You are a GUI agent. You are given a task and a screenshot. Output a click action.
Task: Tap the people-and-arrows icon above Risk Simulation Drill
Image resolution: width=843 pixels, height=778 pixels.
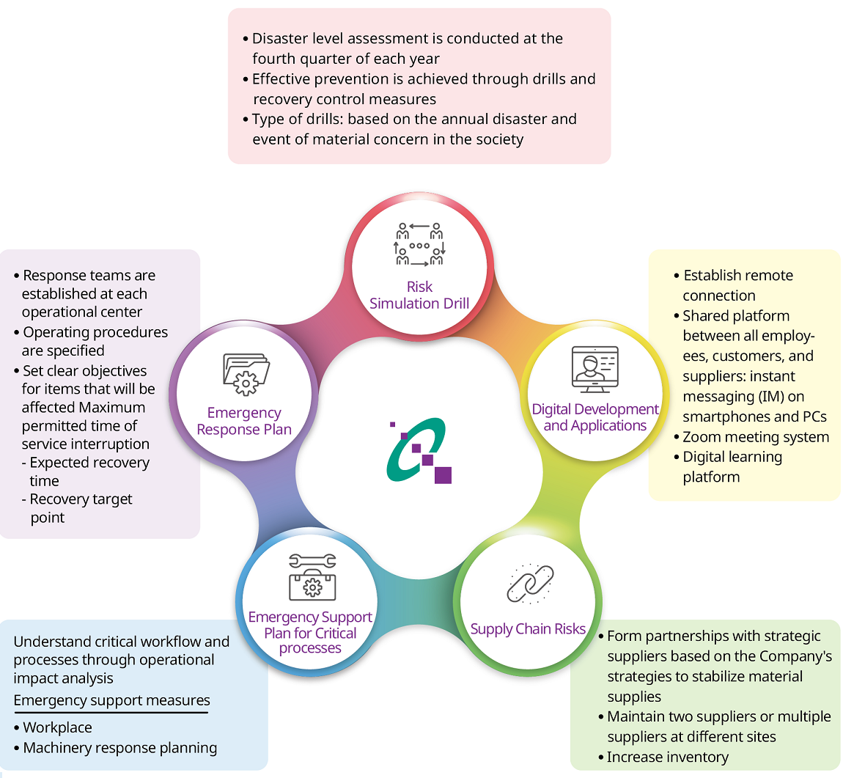pos(419,244)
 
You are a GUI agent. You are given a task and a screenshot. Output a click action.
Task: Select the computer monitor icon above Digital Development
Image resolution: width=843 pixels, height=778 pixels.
pos(594,370)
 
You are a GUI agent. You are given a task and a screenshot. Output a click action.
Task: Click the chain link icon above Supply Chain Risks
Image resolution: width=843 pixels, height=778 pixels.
pos(530,584)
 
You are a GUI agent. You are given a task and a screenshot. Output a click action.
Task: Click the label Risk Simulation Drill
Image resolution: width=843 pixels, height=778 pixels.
pos(419,295)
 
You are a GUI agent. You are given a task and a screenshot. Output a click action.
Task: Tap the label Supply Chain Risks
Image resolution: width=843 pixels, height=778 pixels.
pos(528,628)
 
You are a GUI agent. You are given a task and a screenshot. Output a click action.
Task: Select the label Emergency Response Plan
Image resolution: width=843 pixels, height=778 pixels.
pos(244,421)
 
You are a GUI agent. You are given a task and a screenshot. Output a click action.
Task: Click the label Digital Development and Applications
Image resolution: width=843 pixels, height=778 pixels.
pos(595,417)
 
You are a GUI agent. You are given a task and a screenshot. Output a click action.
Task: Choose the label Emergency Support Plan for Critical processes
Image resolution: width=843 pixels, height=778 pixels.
pos(310,632)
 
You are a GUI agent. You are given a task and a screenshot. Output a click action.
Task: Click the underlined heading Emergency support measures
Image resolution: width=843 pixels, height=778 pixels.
pos(111,700)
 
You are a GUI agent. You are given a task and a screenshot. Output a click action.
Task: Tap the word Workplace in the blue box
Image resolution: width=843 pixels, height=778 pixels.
pos(57,727)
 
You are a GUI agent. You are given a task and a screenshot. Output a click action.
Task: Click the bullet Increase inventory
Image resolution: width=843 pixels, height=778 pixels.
pos(667,757)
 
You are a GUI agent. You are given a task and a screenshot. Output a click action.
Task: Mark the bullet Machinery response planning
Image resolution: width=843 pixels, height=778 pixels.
pos(119,748)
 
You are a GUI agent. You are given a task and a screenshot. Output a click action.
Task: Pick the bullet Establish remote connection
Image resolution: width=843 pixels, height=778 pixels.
pos(734,285)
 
